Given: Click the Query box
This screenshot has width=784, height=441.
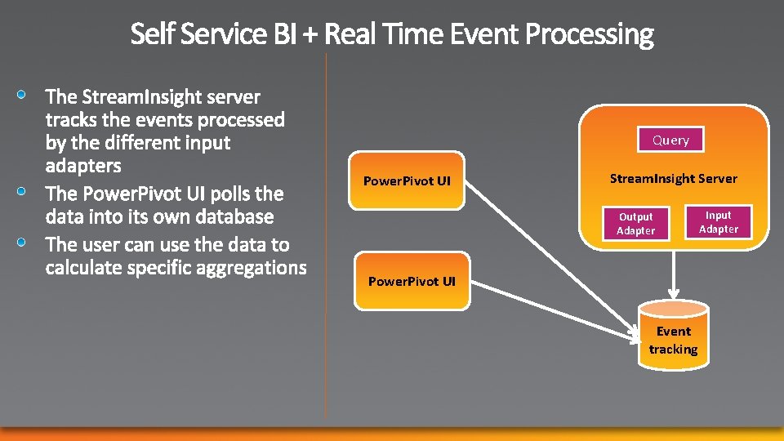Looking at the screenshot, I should click(x=670, y=140).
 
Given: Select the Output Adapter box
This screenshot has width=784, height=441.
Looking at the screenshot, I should click(x=635, y=224).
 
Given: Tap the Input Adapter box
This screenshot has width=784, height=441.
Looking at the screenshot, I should click(x=718, y=222).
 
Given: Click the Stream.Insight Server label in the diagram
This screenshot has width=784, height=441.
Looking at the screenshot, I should click(x=673, y=178).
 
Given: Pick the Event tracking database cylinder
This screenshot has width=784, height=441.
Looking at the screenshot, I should click(x=673, y=335).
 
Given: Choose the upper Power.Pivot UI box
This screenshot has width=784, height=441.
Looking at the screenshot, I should click(x=407, y=180).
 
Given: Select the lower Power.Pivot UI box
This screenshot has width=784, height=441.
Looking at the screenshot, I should click(x=412, y=282).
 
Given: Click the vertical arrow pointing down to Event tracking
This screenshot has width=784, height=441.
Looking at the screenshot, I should click(x=673, y=274).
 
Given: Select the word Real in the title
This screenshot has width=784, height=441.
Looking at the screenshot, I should click(x=350, y=34).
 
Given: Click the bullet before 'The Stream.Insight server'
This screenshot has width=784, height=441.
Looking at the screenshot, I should click(x=25, y=96).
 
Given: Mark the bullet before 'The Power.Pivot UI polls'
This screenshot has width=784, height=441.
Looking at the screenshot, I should click(x=25, y=193).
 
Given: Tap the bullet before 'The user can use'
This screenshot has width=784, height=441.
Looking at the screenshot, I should click(x=25, y=243).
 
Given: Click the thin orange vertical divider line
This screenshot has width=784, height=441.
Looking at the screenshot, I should click(x=326, y=245).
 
